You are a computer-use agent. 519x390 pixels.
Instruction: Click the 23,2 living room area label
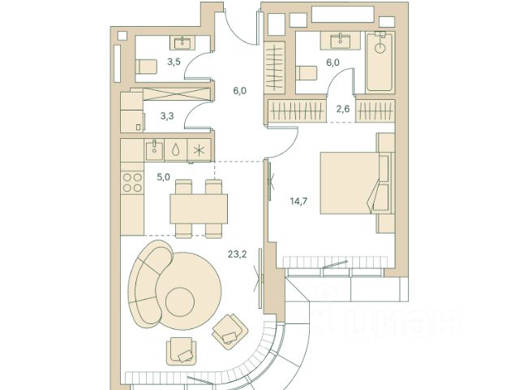point(238,254)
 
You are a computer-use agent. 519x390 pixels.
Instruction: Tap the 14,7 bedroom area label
point(298,201)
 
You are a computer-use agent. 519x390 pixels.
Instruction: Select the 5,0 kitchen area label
point(163,177)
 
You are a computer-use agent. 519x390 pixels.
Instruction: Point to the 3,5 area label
point(174,62)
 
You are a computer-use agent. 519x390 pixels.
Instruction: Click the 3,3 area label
point(167,116)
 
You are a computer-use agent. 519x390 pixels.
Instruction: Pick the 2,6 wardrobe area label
point(343,109)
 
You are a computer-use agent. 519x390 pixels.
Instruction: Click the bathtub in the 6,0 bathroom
point(380,62)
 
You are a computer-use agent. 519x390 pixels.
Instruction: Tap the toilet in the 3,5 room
point(146,67)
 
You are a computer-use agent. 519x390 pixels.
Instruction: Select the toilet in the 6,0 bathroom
point(307,73)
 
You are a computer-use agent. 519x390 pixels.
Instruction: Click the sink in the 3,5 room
point(182,42)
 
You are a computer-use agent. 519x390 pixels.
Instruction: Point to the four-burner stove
point(132,183)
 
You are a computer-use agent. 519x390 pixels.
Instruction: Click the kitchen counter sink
point(154,150)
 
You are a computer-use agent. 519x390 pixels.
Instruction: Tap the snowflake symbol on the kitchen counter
point(199,151)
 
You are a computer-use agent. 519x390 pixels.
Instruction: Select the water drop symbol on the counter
point(175,150)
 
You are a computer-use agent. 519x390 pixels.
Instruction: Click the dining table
point(199,209)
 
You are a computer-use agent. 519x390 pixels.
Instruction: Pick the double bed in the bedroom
point(354,183)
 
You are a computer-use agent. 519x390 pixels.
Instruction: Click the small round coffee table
point(180,301)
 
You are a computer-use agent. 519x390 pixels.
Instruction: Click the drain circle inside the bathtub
point(380,48)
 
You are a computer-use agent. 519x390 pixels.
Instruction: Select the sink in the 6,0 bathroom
point(341,41)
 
